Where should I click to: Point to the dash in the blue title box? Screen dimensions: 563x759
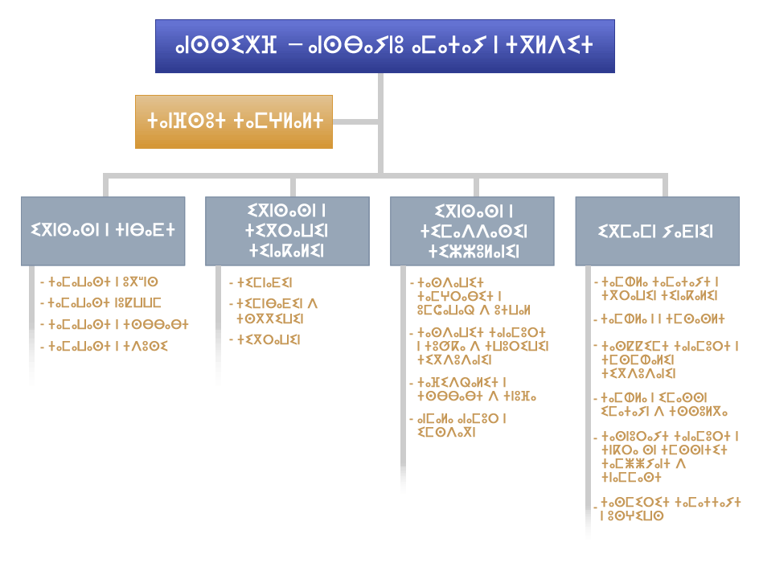[296, 46]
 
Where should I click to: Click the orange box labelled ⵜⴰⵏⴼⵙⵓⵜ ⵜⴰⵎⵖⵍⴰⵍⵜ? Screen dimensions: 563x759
[233, 121]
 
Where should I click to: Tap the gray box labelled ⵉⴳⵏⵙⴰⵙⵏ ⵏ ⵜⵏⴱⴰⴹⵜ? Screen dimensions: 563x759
[103, 231]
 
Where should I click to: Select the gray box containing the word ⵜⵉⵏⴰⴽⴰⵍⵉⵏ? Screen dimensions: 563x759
[287, 231]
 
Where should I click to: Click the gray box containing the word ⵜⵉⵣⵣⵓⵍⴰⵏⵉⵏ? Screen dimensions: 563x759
[472, 231]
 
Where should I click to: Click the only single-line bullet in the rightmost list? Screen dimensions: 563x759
[658, 319]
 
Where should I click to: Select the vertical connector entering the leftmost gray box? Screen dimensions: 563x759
[104, 187]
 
